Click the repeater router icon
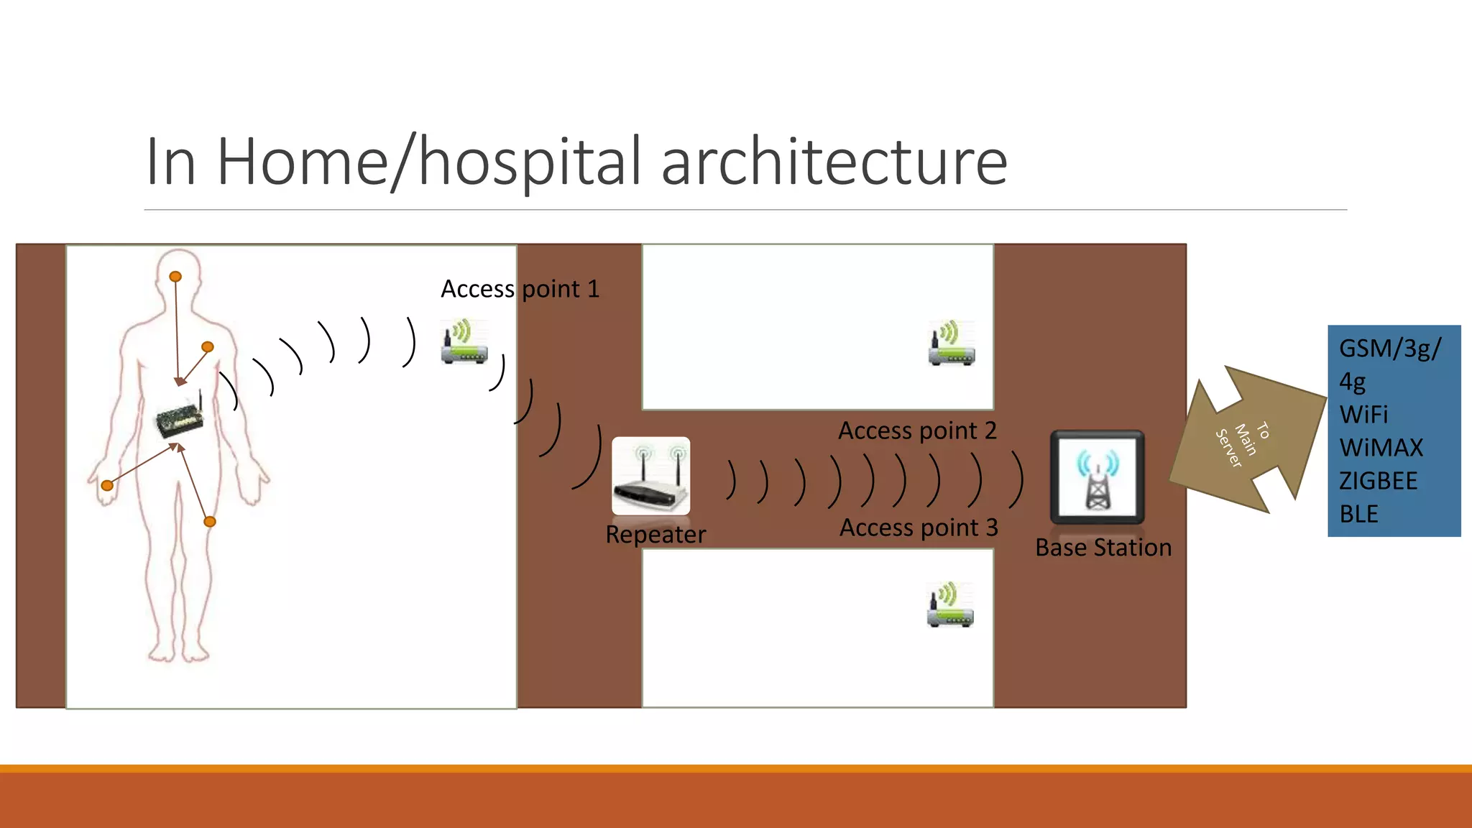click(x=650, y=476)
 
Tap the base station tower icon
click(x=1097, y=477)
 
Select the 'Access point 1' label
click(x=520, y=289)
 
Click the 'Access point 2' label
click(x=917, y=431)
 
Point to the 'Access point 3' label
click(x=919, y=528)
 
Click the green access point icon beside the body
click(x=464, y=342)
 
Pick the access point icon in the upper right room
click(x=951, y=344)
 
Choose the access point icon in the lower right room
click(x=950, y=605)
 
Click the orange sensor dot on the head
click(x=175, y=277)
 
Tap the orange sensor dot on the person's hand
click(x=107, y=486)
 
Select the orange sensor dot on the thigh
click(x=210, y=522)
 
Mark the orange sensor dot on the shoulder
click(x=208, y=347)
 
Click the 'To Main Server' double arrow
click(x=1248, y=439)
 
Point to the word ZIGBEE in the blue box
click(x=1378, y=481)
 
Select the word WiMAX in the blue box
click(x=1381, y=448)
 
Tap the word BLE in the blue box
click(x=1358, y=514)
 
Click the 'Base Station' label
click(x=1103, y=548)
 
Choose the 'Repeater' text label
click(x=655, y=535)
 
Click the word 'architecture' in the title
click(x=834, y=162)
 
